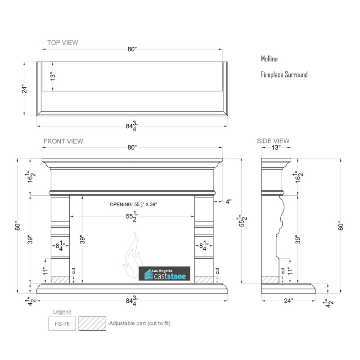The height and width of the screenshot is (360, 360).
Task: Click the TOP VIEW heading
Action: point(63,42)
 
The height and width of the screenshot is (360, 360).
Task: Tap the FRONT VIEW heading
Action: point(63,141)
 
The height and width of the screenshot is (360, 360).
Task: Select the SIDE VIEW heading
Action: point(273,141)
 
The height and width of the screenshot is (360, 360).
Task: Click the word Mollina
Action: point(269,59)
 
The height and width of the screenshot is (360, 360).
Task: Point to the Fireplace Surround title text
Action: point(284,75)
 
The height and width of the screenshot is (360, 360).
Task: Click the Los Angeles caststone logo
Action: point(164,274)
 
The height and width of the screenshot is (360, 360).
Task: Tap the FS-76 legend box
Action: point(62,324)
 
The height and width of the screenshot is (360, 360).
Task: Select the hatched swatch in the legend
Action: point(92,324)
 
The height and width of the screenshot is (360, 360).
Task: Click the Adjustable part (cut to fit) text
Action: point(139,323)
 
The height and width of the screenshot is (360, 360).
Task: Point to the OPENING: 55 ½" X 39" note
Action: point(133,204)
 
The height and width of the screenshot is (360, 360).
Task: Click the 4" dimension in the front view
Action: point(229,202)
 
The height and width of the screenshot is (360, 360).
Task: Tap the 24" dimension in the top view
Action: point(24,89)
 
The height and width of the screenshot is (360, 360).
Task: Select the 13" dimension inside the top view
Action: point(53,76)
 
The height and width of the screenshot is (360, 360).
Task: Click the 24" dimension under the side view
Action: point(288,301)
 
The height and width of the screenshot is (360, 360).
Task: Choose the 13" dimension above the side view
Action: point(276,148)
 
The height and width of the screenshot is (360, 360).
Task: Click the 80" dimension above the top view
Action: point(132,49)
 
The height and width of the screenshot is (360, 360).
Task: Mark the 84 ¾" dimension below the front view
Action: point(132,301)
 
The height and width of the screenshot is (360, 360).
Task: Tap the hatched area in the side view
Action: point(270,280)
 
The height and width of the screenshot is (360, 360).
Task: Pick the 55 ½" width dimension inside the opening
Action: point(132,216)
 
